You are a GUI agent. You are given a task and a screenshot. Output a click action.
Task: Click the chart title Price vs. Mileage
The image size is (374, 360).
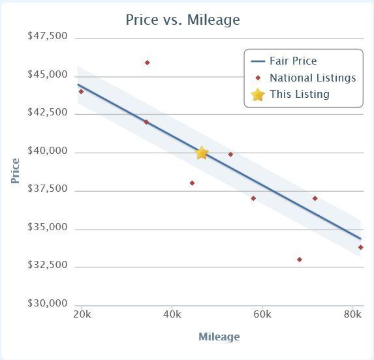click(183, 20)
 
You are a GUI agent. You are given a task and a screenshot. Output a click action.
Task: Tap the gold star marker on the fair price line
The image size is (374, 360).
click(202, 153)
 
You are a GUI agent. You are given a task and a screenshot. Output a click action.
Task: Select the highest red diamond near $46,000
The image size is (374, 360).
click(147, 63)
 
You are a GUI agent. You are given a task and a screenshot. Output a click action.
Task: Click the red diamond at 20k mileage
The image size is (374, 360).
click(81, 91)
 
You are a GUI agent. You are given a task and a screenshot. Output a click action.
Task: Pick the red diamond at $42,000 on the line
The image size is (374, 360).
click(146, 122)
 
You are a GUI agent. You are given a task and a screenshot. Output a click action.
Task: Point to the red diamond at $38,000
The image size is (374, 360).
click(192, 183)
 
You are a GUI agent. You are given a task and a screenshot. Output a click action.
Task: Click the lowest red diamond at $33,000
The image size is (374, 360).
click(300, 260)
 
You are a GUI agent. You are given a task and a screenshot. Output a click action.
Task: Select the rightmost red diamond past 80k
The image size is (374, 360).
click(361, 247)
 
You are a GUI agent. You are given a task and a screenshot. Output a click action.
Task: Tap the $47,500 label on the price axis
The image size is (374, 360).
click(48, 36)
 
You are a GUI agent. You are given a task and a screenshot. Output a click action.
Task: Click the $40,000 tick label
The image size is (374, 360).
click(48, 151)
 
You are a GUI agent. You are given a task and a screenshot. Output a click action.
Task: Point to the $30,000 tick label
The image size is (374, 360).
click(48, 303)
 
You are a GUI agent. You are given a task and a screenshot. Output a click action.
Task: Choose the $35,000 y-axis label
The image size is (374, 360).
click(48, 227)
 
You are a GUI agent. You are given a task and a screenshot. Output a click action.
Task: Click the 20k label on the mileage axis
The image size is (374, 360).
click(82, 314)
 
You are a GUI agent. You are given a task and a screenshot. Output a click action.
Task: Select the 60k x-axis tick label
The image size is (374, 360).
click(262, 314)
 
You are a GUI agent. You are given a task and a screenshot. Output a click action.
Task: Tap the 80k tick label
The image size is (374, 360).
click(352, 314)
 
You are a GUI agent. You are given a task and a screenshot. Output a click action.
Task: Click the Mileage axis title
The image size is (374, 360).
click(219, 337)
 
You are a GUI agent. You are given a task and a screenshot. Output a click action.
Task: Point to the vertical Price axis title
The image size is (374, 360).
click(15, 171)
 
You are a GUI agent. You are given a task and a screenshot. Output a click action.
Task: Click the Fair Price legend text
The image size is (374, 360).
click(293, 61)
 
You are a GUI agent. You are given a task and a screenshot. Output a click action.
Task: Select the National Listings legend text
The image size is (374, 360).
click(313, 78)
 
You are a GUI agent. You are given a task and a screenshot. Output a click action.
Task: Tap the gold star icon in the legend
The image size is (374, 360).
click(258, 95)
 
